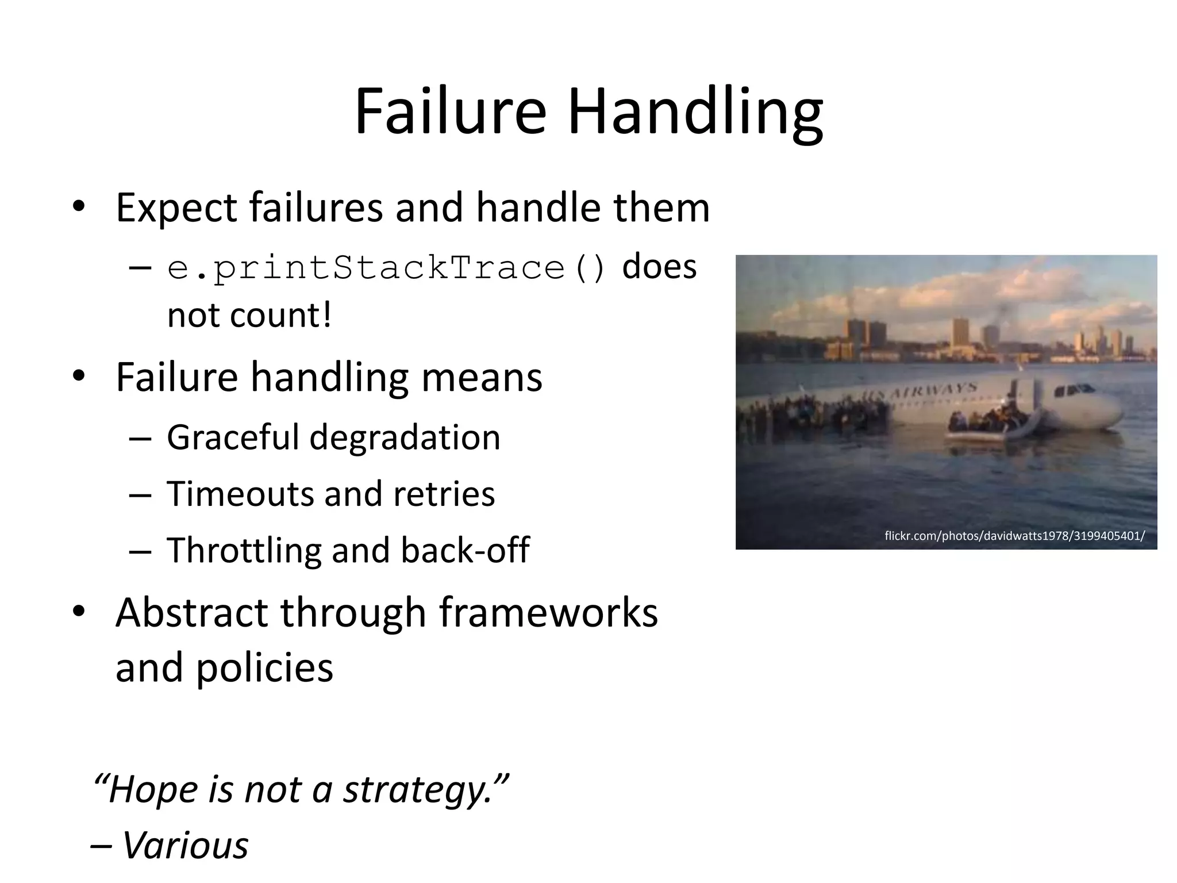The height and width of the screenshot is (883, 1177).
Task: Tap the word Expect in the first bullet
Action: coord(176,208)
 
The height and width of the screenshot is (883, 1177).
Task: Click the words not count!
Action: coord(249,315)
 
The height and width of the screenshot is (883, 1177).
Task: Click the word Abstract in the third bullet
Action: coord(191,612)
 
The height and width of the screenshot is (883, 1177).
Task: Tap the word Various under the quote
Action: coord(185,846)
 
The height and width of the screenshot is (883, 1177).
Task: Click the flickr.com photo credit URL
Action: coord(1014,536)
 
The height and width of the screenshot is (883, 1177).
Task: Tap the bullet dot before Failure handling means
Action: coord(79,377)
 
